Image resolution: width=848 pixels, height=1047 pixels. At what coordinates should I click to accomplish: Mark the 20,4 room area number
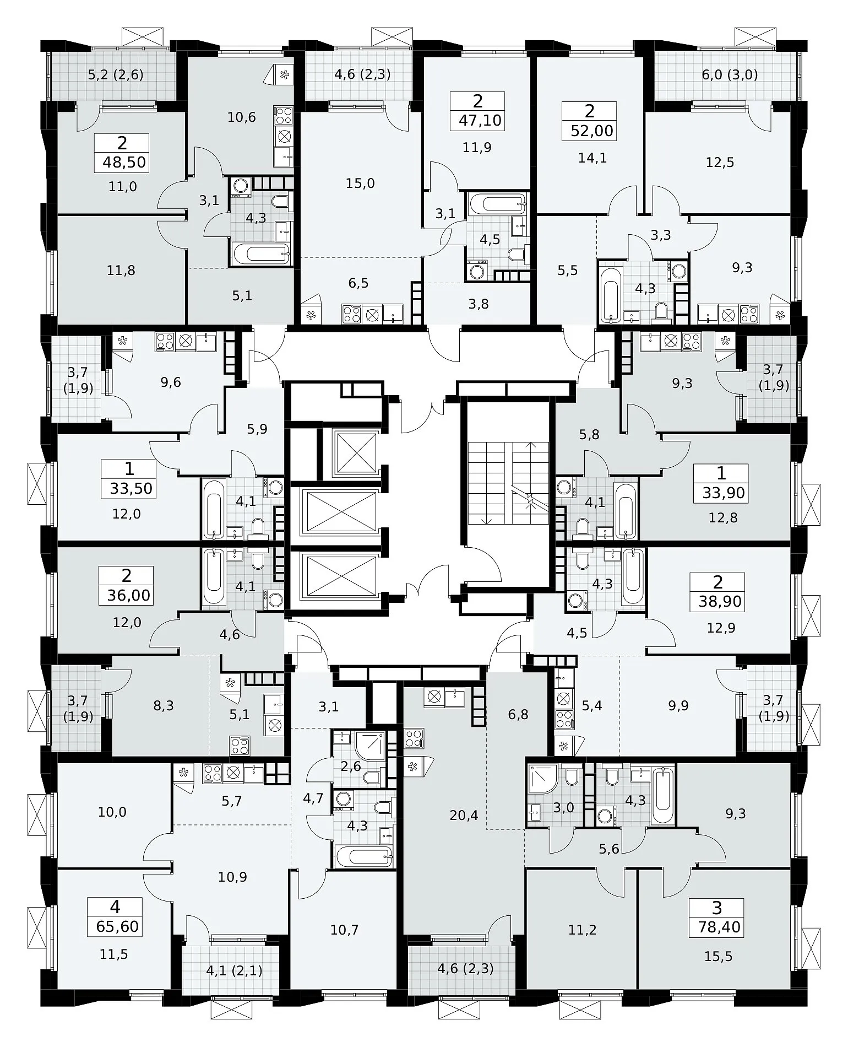[464, 815]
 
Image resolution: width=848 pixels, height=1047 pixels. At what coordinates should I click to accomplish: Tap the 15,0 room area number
[360, 183]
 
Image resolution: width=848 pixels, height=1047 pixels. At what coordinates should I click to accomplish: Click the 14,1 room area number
[592, 158]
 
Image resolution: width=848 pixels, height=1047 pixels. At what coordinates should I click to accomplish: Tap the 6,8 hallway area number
[518, 715]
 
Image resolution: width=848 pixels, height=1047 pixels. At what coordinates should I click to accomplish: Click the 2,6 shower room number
[351, 766]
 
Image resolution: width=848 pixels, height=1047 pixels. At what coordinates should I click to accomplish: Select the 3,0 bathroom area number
[564, 808]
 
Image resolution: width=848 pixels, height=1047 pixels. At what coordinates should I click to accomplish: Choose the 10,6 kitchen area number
[242, 117]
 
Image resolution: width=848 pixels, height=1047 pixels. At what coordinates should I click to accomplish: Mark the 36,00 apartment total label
[129, 595]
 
